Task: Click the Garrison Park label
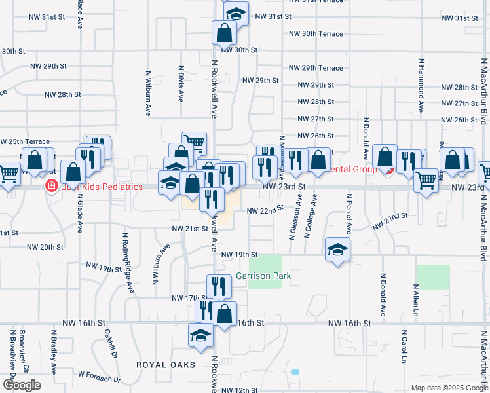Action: (x=263, y=276)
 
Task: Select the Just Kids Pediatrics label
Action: (x=101, y=187)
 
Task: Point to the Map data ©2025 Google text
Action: (x=449, y=388)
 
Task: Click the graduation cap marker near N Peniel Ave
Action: (x=338, y=250)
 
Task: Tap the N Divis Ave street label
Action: (x=181, y=83)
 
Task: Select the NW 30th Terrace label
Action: (x=316, y=33)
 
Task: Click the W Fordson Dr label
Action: (x=100, y=377)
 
